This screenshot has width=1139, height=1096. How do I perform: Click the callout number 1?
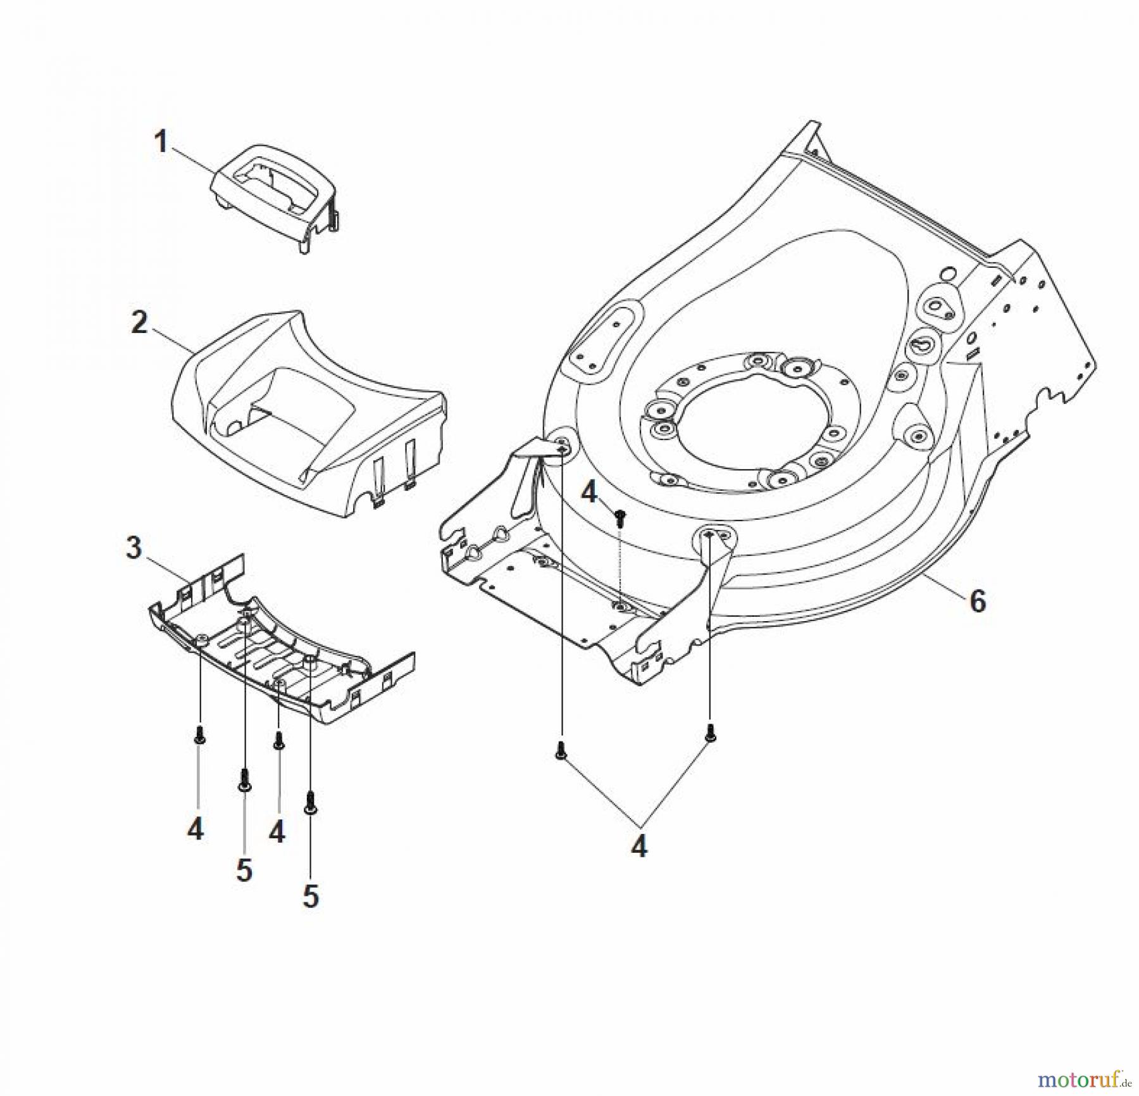(x=161, y=142)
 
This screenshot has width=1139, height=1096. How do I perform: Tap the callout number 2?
(x=139, y=322)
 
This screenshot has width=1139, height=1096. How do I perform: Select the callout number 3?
(x=134, y=548)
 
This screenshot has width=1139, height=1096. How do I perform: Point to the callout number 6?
(x=978, y=601)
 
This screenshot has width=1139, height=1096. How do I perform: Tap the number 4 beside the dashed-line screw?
(x=589, y=492)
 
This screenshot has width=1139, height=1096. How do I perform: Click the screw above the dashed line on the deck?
(x=621, y=517)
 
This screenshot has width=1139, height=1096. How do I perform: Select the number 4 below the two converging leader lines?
(x=639, y=847)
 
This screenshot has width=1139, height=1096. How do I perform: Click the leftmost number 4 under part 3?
(x=196, y=828)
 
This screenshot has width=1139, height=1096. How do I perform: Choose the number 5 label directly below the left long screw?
(x=244, y=870)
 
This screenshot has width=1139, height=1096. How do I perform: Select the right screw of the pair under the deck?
(x=710, y=733)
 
